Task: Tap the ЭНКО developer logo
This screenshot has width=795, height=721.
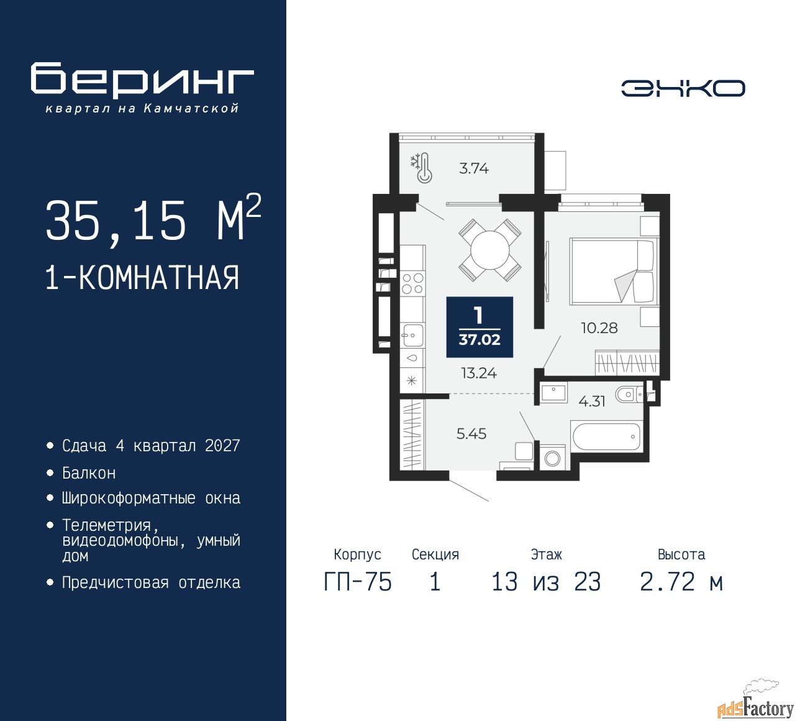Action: [x=683, y=88]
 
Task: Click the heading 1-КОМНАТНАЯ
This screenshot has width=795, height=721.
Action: [x=142, y=278]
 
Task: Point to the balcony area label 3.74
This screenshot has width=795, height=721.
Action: [x=474, y=168]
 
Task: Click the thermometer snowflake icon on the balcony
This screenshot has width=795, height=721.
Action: [x=422, y=168]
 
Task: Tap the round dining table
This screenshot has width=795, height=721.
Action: [x=490, y=250]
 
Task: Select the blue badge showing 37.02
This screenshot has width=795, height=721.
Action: [x=479, y=327]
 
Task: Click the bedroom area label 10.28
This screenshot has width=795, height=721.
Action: [x=599, y=328]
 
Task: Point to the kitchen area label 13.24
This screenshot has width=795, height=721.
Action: [x=479, y=373]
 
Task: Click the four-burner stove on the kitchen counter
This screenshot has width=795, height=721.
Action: [x=412, y=283]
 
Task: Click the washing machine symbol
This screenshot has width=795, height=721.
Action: [x=552, y=459]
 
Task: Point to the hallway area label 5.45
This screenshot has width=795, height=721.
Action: [x=471, y=433]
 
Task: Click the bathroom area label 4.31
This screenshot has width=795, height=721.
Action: [x=592, y=402]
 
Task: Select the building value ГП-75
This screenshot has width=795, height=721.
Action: [x=358, y=582]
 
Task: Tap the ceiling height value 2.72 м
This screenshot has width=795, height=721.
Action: [x=681, y=582]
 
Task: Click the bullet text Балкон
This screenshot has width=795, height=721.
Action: [x=89, y=473]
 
